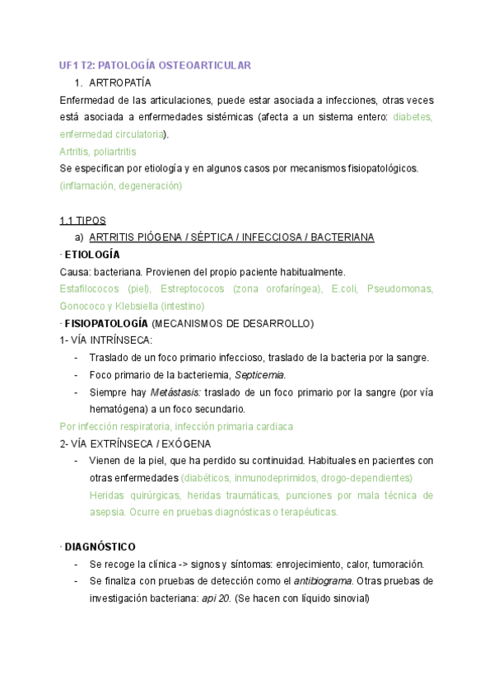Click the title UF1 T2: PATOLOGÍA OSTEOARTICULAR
click(x=155, y=65)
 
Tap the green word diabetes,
click(x=412, y=117)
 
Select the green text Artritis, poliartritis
click(x=98, y=152)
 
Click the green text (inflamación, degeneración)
click(x=120, y=185)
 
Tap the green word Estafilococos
click(x=88, y=289)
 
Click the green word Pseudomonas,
click(x=400, y=289)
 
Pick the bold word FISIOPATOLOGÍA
click(x=106, y=323)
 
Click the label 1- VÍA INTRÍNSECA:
click(x=106, y=340)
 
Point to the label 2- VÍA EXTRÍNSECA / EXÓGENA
click(x=130, y=443)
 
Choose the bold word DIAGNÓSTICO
click(x=100, y=547)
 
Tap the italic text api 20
click(x=216, y=598)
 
